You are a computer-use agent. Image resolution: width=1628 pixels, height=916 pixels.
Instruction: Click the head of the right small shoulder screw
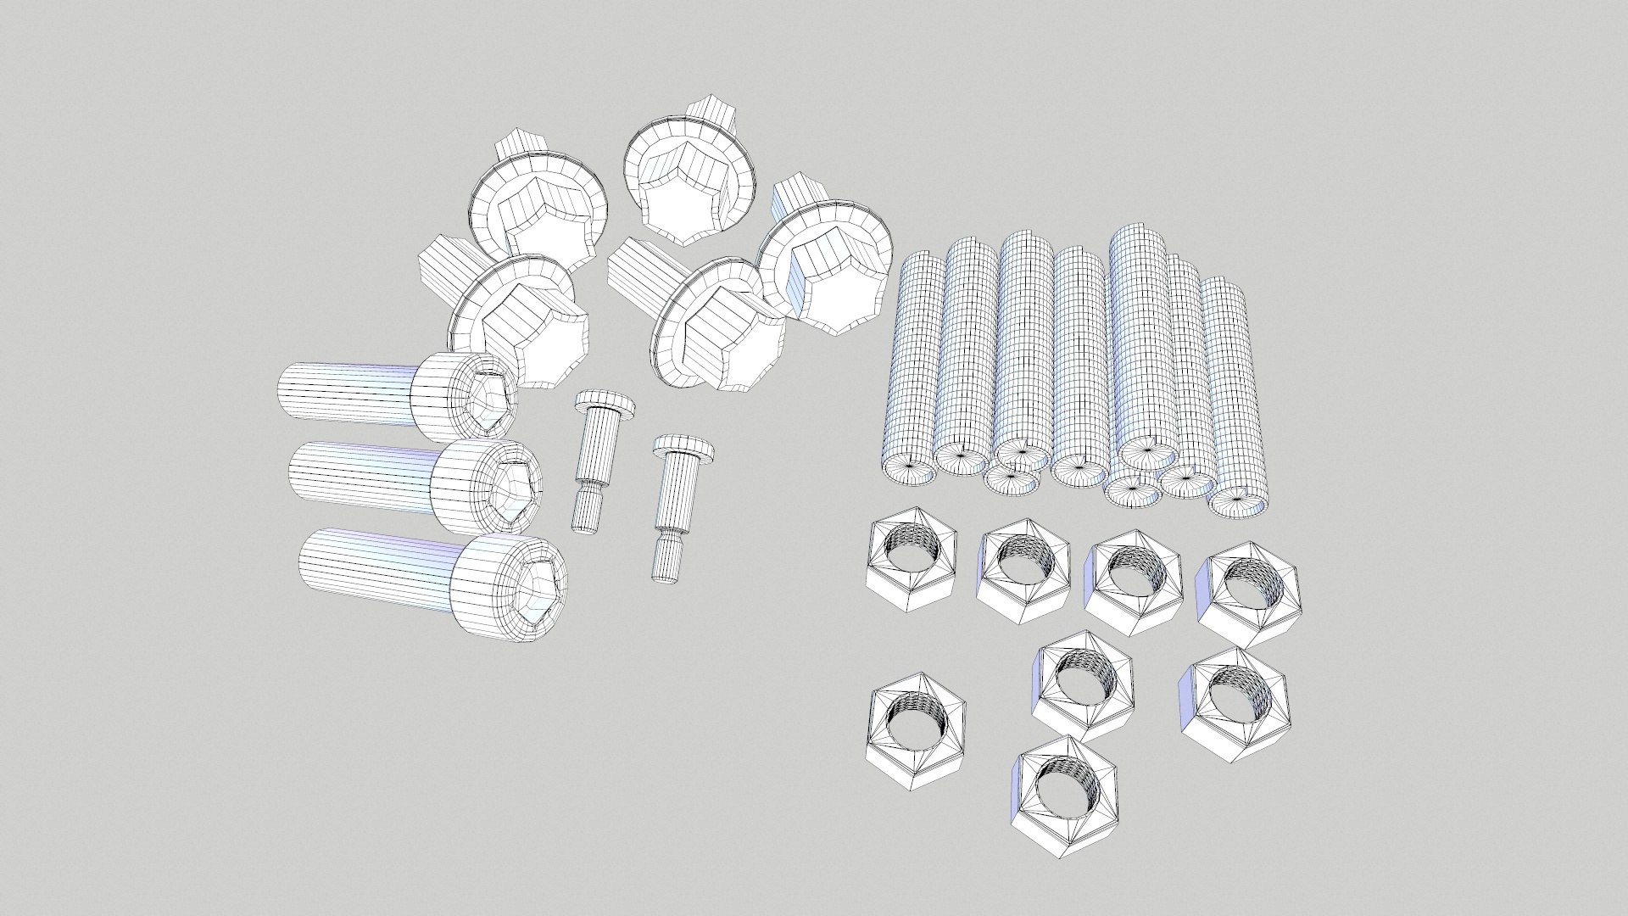pos(683,447)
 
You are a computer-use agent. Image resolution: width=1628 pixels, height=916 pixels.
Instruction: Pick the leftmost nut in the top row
pos(912,560)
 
